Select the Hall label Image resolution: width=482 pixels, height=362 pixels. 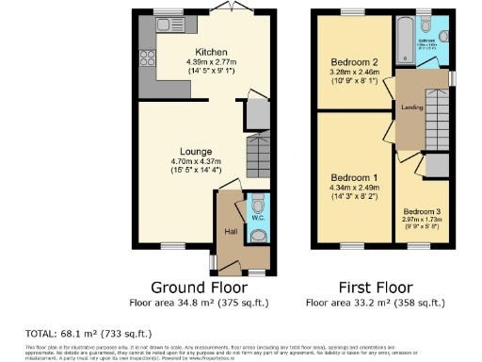coord(231,230)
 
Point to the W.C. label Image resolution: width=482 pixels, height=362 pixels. coord(258,218)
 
